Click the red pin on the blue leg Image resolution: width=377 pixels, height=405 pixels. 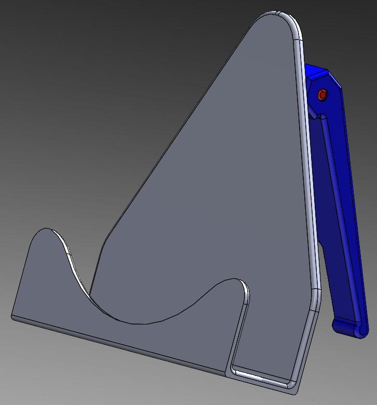[x=322, y=95]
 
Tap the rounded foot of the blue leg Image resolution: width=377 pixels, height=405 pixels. [x=349, y=329]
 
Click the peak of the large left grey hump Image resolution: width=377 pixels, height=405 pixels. [x=48, y=229]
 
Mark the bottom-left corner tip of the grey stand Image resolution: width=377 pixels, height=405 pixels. [x=12, y=316]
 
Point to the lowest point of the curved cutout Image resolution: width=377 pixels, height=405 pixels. [x=138, y=323]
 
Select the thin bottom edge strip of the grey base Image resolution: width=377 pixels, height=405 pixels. [x=119, y=345]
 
